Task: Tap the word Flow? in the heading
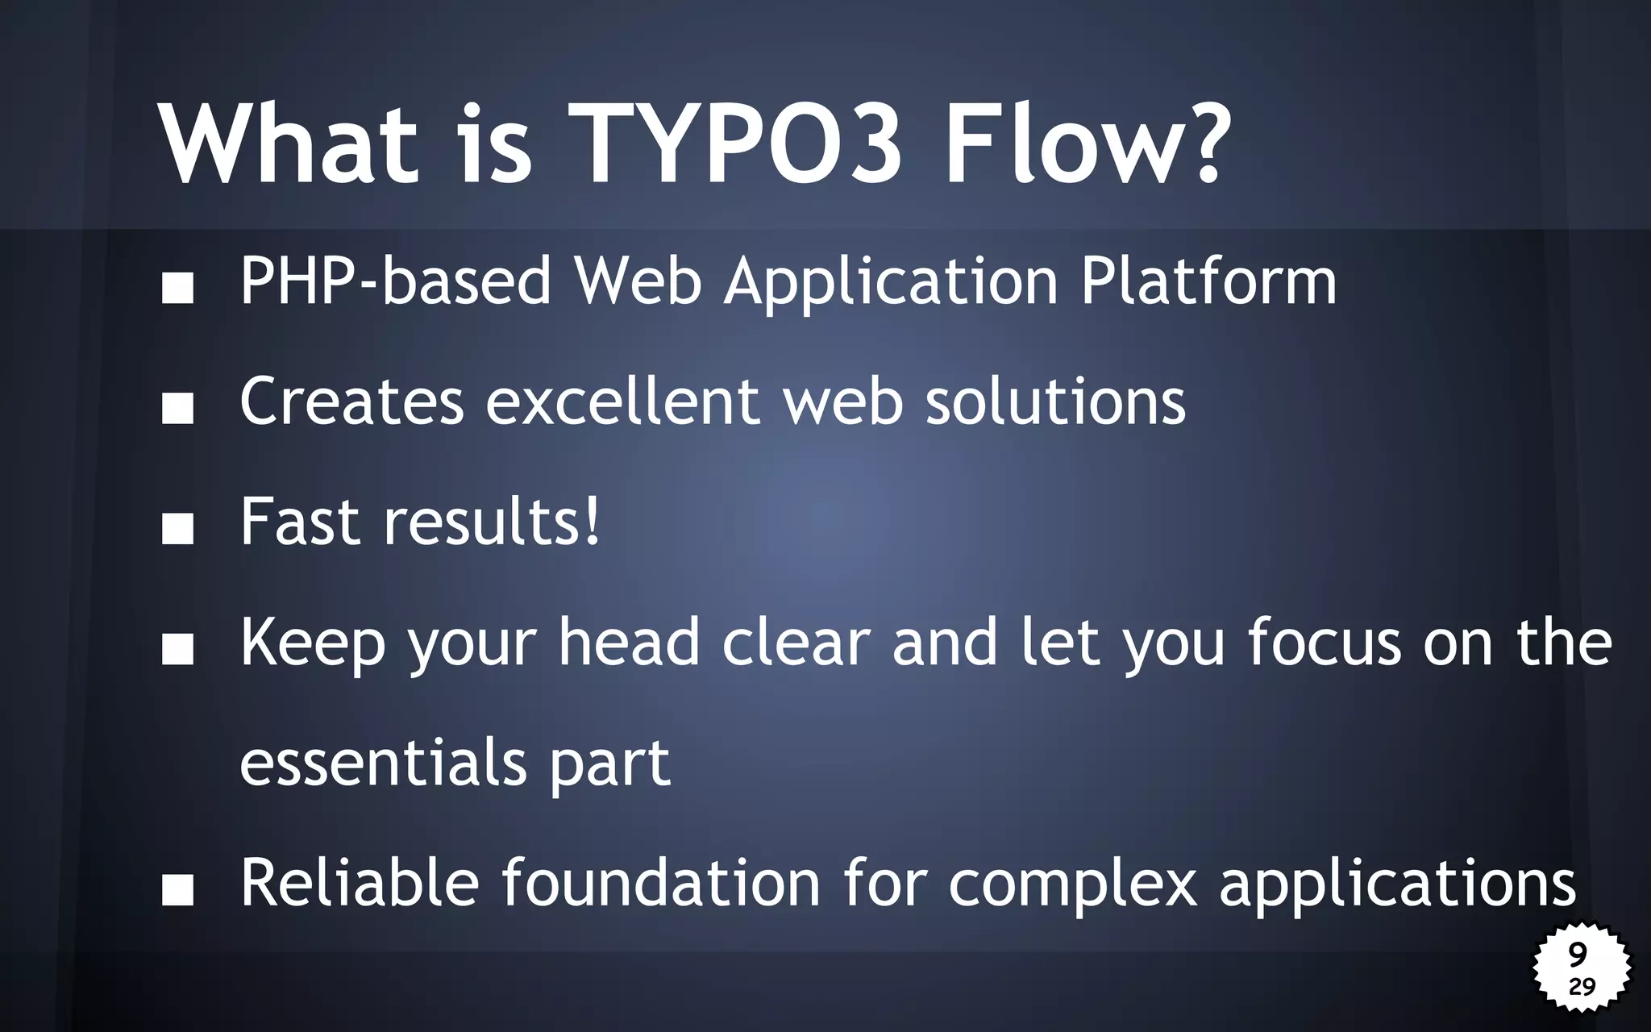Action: (x=1087, y=145)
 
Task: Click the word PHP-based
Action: (x=395, y=282)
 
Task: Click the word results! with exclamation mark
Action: (x=492, y=522)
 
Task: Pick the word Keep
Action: (x=313, y=643)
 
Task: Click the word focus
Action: (x=1325, y=642)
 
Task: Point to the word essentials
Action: (x=383, y=763)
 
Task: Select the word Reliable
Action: (x=360, y=883)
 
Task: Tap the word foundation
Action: (x=661, y=883)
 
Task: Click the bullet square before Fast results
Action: (x=177, y=529)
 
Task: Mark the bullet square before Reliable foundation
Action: (x=177, y=891)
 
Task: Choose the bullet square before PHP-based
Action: (x=177, y=288)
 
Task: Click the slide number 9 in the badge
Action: (x=1578, y=955)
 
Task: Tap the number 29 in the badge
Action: (x=1582, y=986)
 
